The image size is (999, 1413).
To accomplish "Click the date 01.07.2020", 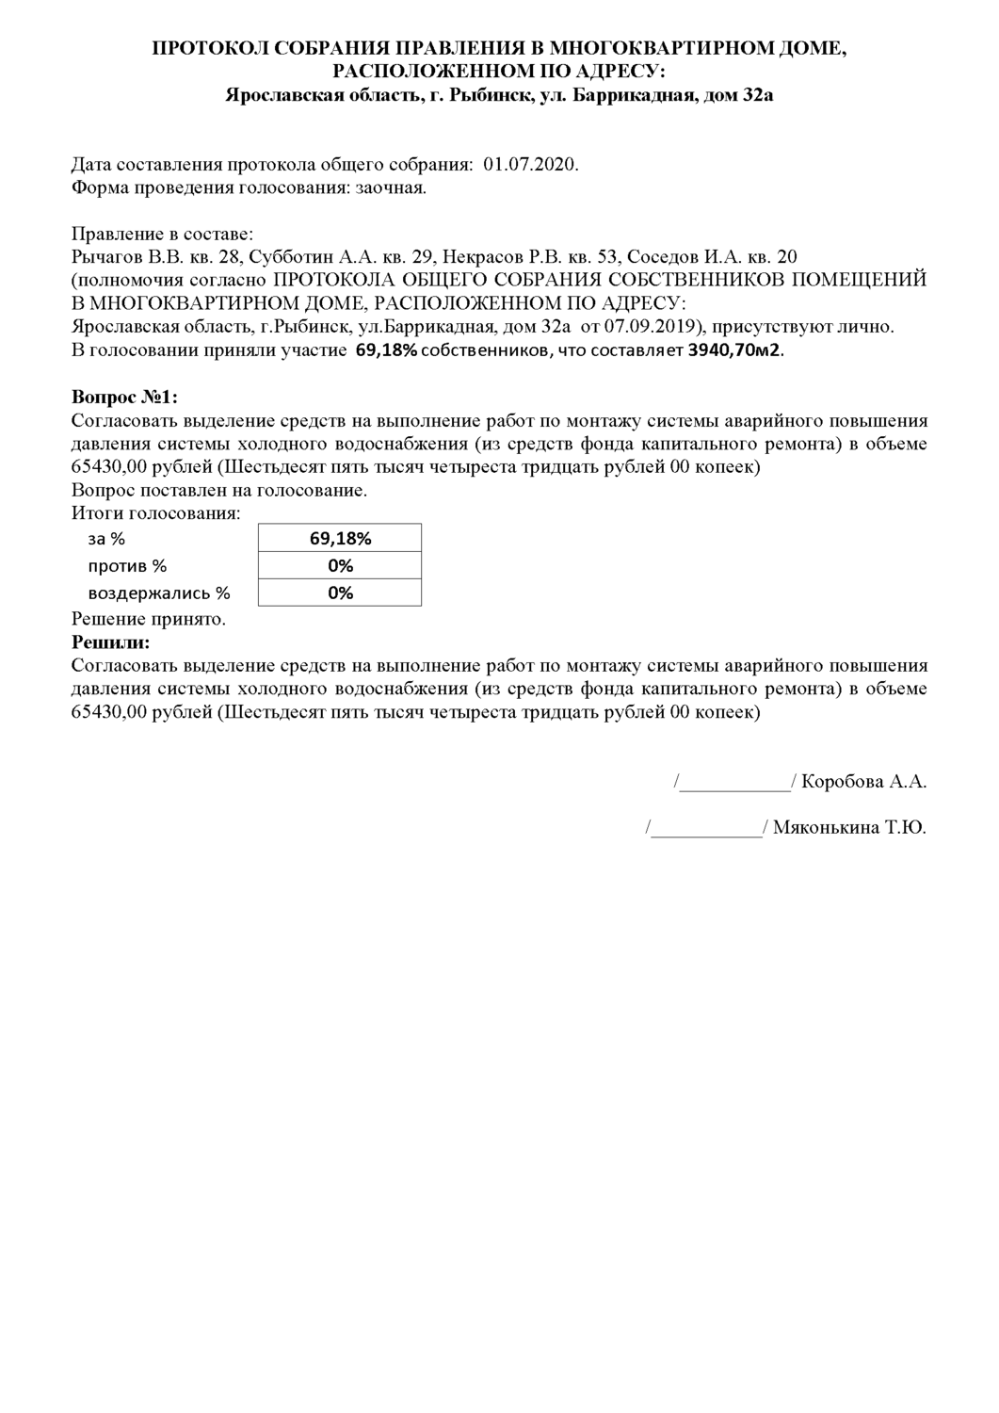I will click(x=531, y=165).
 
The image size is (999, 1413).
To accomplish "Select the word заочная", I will click(x=390, y=187).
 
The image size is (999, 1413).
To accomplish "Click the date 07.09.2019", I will click(x=657, y=327).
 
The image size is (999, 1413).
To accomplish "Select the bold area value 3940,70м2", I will click(x=735, y=350).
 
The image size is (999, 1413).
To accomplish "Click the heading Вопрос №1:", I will click(x=124, y=397).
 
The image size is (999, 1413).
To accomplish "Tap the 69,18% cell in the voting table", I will click(x=340, y=539).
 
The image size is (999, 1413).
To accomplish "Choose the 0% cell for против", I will click(x=340, y=565).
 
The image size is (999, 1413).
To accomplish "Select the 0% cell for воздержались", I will click(x=340, y=593).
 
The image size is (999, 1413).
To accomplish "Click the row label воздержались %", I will click(x=159, y=593).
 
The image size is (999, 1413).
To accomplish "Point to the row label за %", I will click(x=106, y=539).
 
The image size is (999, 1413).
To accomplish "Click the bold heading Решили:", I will click(x=110, y=642).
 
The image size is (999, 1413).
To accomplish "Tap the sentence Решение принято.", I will click(x=149, y=619).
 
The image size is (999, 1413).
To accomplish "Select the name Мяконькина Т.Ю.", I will click(x=849, y=829).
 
